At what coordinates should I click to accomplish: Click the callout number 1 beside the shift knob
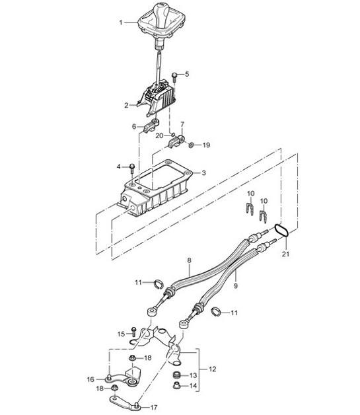pyautogui.click(x=121, y=22)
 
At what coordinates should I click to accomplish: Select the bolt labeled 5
pyautogui.click(x=174, y=77)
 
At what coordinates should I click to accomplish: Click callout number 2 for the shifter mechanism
pyautogui.click(x=126, y=105)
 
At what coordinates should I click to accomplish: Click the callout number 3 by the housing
pyautogui.click(x=203, y=173)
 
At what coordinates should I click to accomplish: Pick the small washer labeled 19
pyautogui.click(x=191, y=145)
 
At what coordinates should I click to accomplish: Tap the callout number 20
pyautogui.click(x=159, y=135)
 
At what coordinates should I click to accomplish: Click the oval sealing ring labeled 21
pyautogui.click(x=281, y=230)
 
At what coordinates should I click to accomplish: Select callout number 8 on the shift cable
pyautogui.click(x=189, y=260)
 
